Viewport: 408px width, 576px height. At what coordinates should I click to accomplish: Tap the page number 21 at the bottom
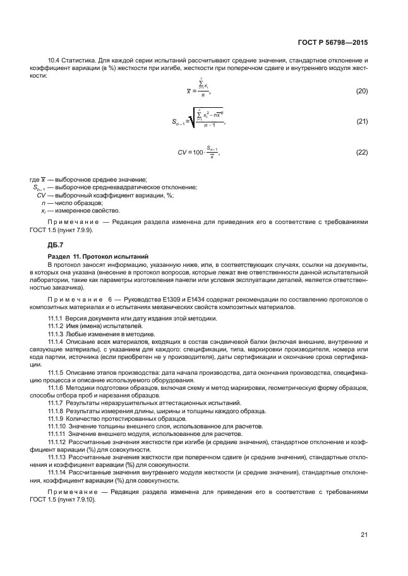[364, 536]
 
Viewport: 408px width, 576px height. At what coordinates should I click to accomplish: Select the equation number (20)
[361, 91]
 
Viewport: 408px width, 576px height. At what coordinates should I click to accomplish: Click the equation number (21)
[361, 121]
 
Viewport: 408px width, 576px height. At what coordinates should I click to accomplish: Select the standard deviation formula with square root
[203, 120]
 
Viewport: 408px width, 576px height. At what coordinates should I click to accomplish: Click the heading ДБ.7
[56, 244]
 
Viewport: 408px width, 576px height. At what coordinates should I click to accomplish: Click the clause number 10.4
[55, 60]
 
